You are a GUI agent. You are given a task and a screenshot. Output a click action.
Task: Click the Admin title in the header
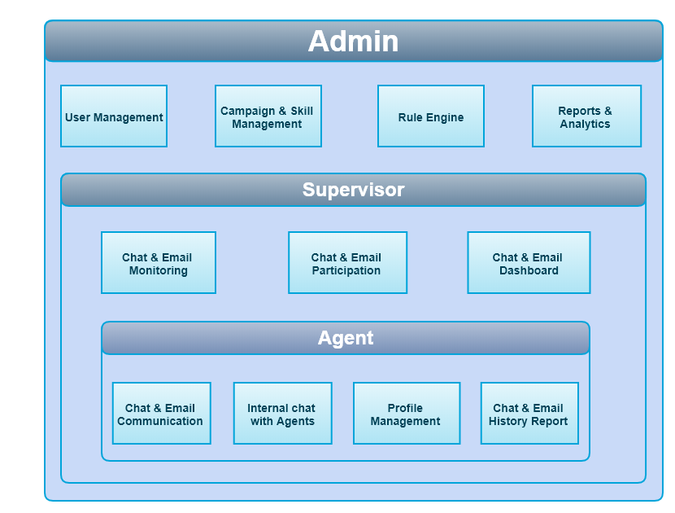(x=353, y=42)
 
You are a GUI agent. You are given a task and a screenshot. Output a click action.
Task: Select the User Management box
(x=114, y=116)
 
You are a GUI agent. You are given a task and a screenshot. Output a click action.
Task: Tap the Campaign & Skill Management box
(x=268, y=116)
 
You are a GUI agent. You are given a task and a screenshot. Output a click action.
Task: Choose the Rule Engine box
(x=431, y=116)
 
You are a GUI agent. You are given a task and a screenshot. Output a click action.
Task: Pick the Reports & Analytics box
(x=586, y=116)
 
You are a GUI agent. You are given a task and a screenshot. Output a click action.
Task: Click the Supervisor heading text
(x=353, y=190)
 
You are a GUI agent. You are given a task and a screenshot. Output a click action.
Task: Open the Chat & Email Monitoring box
(x=159, y=263)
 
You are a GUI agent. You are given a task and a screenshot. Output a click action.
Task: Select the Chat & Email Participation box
(x=347, y=263)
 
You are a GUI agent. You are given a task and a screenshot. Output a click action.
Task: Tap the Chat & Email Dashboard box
(x=529, y=263)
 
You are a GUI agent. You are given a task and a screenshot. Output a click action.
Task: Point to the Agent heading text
(x=346, y=338)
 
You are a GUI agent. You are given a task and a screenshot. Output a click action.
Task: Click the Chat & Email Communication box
(x=161, y=414)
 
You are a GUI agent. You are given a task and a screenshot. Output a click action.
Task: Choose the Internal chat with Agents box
(x=282, y=414)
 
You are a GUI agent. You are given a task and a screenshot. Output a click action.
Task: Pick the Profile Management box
(x=406, y=414)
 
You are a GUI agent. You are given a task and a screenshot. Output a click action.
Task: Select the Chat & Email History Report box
(x=529, y=414)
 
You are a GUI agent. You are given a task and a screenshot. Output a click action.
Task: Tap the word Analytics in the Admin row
(x=585, y=125)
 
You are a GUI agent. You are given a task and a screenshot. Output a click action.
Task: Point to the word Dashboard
(x=529, y=271)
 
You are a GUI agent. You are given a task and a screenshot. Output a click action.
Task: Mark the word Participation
(x=346, y=271)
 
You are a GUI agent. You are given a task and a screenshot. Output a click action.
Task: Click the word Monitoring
(x=159, y=271)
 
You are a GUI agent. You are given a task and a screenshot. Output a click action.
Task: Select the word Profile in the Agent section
(x=405, y=408)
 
